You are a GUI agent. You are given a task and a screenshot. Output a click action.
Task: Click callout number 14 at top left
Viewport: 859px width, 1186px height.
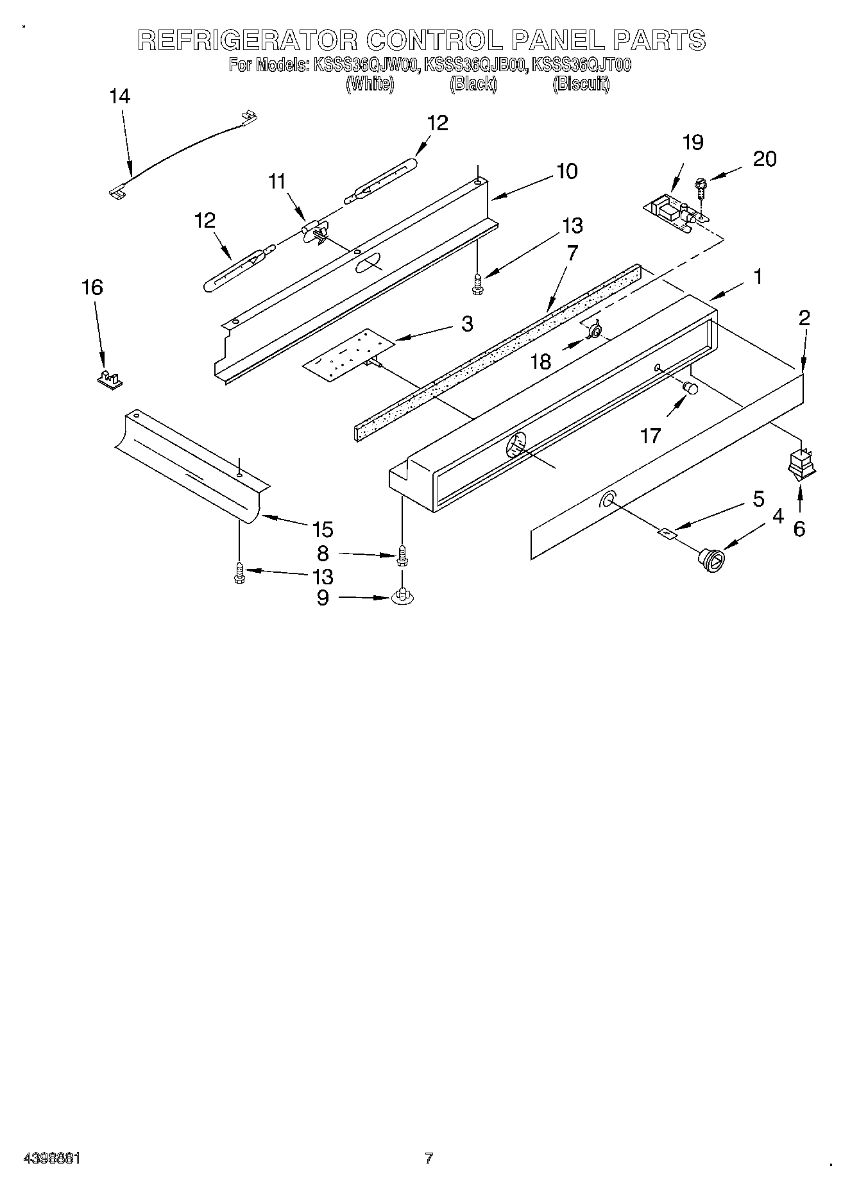119,97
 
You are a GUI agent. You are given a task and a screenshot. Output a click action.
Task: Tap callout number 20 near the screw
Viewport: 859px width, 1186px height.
764,158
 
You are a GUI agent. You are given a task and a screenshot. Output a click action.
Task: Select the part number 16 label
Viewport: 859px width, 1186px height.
92,287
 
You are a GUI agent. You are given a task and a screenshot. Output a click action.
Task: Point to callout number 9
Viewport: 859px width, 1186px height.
323,597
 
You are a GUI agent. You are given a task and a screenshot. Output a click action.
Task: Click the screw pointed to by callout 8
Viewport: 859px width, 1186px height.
402,555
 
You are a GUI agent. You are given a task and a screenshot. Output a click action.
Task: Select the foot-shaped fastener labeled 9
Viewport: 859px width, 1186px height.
402,595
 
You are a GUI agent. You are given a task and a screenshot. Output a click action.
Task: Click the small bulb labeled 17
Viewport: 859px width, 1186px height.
690,388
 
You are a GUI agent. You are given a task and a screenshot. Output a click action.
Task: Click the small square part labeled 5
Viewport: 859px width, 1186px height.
667,532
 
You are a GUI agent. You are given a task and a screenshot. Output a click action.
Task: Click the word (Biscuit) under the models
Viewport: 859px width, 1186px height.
581,84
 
